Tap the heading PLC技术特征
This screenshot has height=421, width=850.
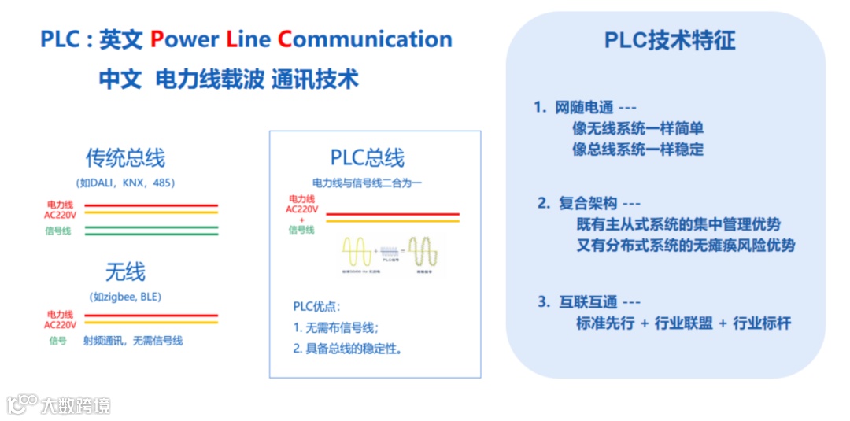[x=670, y=40]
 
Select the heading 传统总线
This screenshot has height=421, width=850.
[x=126, y=157]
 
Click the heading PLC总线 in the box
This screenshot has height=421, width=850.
[x=368, y=158]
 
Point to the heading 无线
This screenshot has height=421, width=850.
[x=126, y=272]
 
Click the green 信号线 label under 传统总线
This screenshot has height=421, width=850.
[x=58, y=231]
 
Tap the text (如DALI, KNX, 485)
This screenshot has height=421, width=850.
[x=126, y=183]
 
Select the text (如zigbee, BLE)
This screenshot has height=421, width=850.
[x=126, y=297]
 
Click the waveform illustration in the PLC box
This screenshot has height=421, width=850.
[x=391, y=253]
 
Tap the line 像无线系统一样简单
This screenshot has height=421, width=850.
[x=637, y=128]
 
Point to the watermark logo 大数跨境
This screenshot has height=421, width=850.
[x=59, y=405]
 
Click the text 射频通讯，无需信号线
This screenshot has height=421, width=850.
[x=133, y=341]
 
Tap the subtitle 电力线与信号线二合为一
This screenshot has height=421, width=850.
[x=368, y=183]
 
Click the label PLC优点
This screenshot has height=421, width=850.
[x=316, y=307]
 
